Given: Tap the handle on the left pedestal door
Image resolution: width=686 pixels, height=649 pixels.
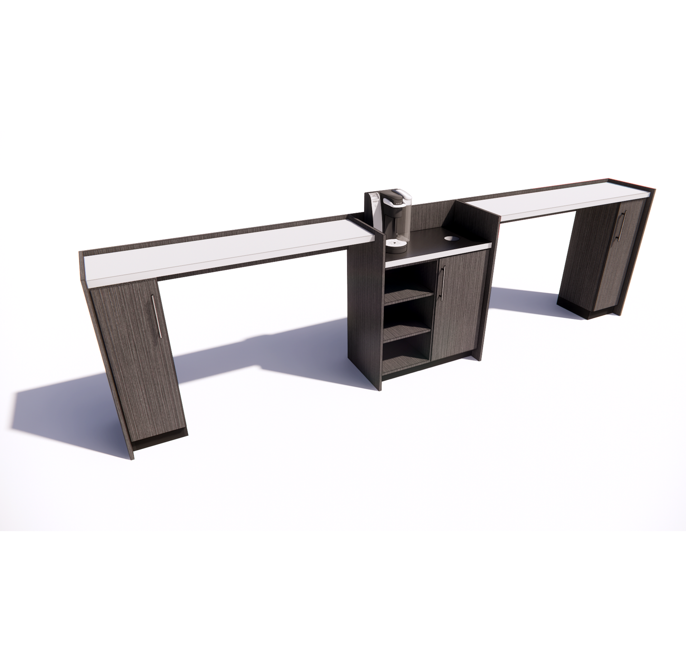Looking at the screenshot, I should (x=155, y=316).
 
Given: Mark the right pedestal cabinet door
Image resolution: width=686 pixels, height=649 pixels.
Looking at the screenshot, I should (x=617, y=256).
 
